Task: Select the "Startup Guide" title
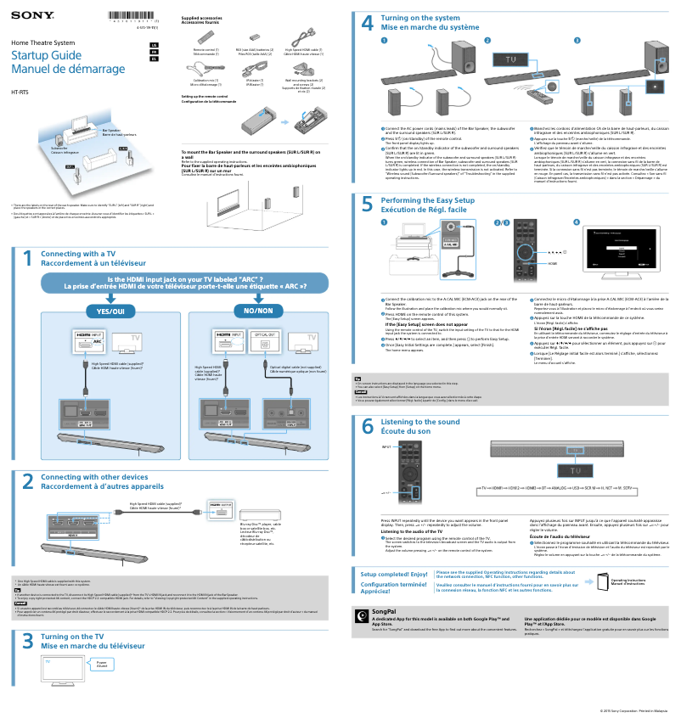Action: (x=41, y=54)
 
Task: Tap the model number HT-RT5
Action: (x=19, y=91)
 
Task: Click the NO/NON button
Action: (x=259, y=311)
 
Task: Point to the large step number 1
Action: (x=27, y=259)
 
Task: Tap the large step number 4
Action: (x=367, y=25)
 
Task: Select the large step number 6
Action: (x=367, y=426)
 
